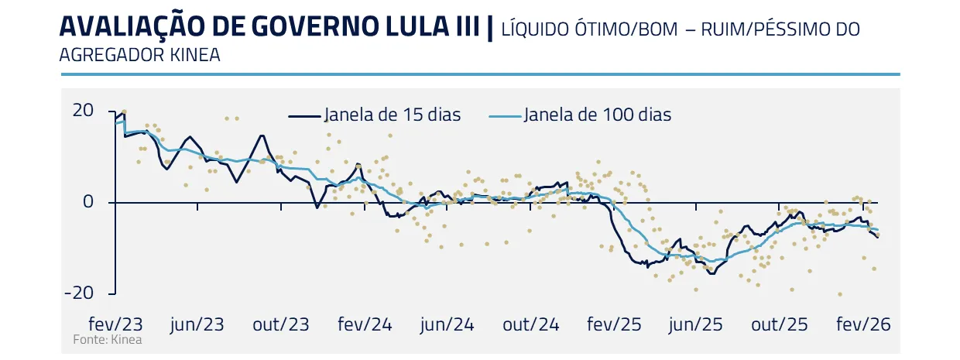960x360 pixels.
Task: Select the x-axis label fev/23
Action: click(115, 324)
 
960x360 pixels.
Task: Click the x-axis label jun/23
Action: click(197, 324)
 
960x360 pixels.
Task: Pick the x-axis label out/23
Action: click(280, 324)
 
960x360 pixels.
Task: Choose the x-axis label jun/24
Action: click(447, 324)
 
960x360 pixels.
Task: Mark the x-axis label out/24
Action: click(530, 324)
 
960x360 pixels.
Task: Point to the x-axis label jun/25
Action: click(697, 324)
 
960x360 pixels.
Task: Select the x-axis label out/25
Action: click(780, 324)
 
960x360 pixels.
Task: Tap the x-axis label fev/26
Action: click(862, 324)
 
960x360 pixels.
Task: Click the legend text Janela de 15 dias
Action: click(393, 115)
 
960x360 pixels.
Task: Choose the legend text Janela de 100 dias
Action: click(597, 115)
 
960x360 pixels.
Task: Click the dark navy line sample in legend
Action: click(304, 116)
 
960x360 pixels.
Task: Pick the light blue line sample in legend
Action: click(506, 116)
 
